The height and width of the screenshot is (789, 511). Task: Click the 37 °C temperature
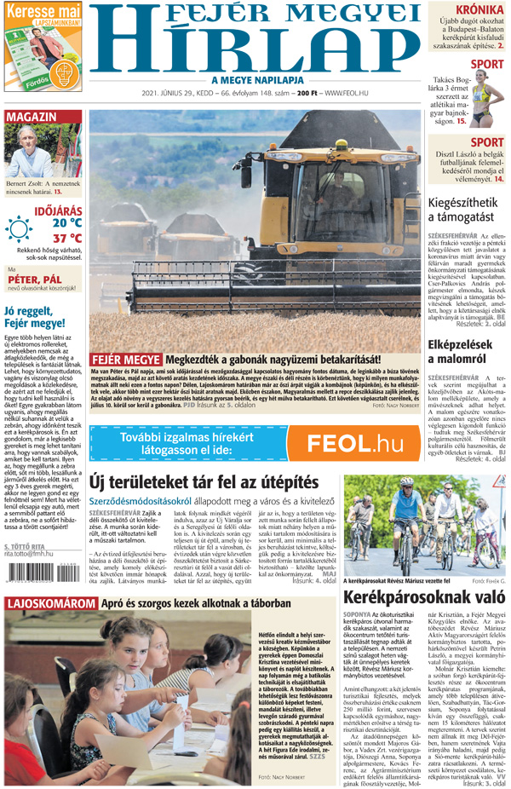pyautogui.click(x=67, y=238)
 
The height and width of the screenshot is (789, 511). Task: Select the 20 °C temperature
pyautogui.click(x=67, y=222)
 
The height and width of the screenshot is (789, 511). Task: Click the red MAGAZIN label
pyautogui.click(x=31, y=116)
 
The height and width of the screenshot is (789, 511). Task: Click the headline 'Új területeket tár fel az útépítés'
pyautogui.click(x=204, y=483)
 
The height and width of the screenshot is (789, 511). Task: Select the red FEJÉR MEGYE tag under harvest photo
pyautogui.click(x=126, y=360)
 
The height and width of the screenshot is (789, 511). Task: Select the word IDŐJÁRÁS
pyautogui.click(x=58, y=208)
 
